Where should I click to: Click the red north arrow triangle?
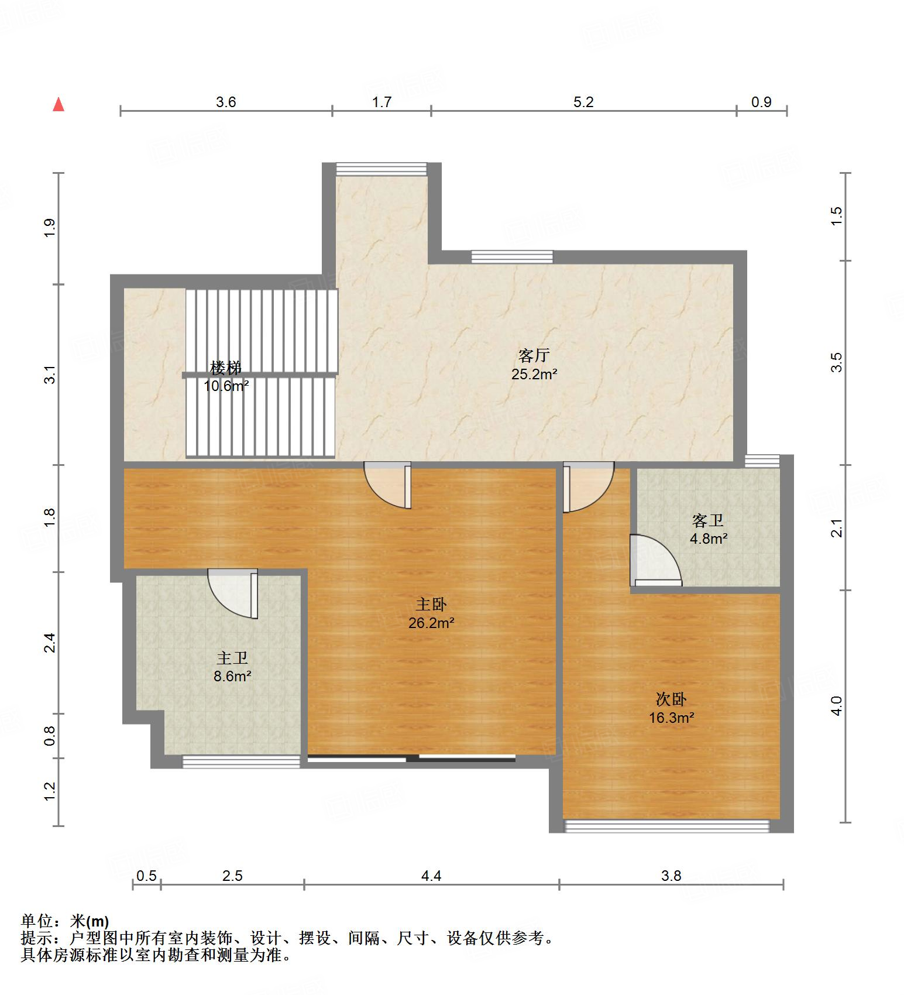[x=58, y=105]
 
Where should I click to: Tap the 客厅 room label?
[x=534, y=355]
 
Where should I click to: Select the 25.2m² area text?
[x=534, y=375]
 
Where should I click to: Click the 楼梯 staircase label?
[x=226, y=368]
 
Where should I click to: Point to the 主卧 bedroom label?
[x=431, y=603]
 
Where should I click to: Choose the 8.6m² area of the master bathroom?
[x=232, y=677]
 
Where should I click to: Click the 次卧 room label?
[x=671, y=699]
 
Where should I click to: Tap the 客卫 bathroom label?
[x=708, y=520]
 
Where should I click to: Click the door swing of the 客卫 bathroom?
[x=654, y=561]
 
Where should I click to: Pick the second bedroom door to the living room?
[x=587, y=486]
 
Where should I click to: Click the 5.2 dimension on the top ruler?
[x=583, y=102]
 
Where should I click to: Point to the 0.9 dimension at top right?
[x=761, y=102]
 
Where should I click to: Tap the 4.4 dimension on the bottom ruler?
[x=431, y=876]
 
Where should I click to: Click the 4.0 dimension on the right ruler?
[x=837, y=705]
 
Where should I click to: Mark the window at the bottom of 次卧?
[x=666, y=825]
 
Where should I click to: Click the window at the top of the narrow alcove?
[x=381, y=169]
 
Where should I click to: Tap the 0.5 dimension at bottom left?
[x=146, y=876]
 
